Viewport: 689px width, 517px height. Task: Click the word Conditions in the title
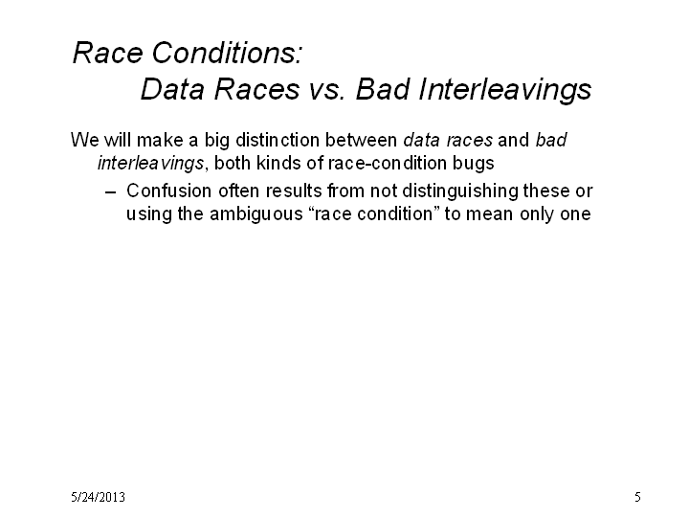(x=227, y=53)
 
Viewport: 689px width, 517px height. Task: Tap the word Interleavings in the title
(x=505, y=91)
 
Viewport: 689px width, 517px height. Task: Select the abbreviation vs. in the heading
(x=326, y=89)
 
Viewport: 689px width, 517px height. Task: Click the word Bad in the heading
(x=383, y=89)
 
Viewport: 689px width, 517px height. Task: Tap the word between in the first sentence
(x=361, y=140)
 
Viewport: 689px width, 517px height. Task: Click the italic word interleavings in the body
(x=151, y=164)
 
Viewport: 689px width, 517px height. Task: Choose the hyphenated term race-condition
(x=388, y=163)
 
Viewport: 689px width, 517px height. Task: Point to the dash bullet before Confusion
(x=111, y=192)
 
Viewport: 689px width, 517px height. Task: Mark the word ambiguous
(x=256, y=214)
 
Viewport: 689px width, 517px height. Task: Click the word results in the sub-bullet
(x=294, y=191)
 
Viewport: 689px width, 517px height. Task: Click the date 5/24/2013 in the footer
(x=98, y=497)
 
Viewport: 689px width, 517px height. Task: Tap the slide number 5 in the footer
(x=637, y=497)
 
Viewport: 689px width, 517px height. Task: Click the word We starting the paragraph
(x=85, y=140)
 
